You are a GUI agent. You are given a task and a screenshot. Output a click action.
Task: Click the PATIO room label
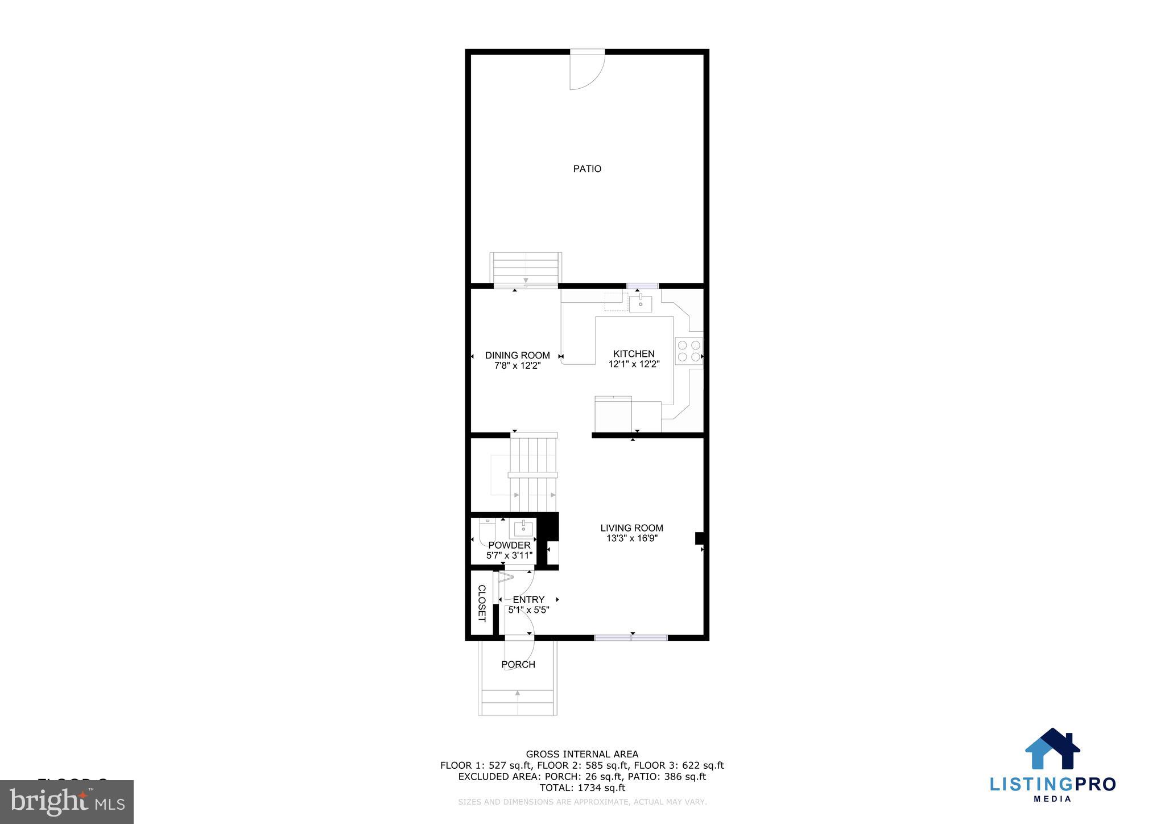(587, 168)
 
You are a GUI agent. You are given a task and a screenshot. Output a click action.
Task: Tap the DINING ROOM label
(517, 355)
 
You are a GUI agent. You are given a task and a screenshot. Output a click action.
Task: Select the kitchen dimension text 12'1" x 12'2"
(634, 364)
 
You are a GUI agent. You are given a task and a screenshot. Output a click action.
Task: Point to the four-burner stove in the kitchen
(688, 351)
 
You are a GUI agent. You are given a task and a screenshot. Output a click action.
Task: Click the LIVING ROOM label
(631, 528)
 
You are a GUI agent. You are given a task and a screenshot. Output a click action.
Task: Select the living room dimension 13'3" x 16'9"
(631, 538)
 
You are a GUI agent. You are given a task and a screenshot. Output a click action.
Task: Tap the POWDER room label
(509, 545)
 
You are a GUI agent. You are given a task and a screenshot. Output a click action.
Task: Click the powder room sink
(523, 529)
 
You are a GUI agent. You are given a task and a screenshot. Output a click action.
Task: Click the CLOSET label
(481, 603)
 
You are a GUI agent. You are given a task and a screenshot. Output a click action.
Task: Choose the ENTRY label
(528, 599)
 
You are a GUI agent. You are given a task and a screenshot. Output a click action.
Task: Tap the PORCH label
(518, 664)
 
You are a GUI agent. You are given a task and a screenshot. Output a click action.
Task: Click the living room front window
(631, 638)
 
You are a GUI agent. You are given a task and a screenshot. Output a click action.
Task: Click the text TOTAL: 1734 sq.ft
(582, 788)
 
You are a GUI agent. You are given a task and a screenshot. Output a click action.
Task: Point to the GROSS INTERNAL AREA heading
(582, 755)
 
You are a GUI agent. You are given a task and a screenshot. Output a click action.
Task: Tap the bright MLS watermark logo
(67, 802)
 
